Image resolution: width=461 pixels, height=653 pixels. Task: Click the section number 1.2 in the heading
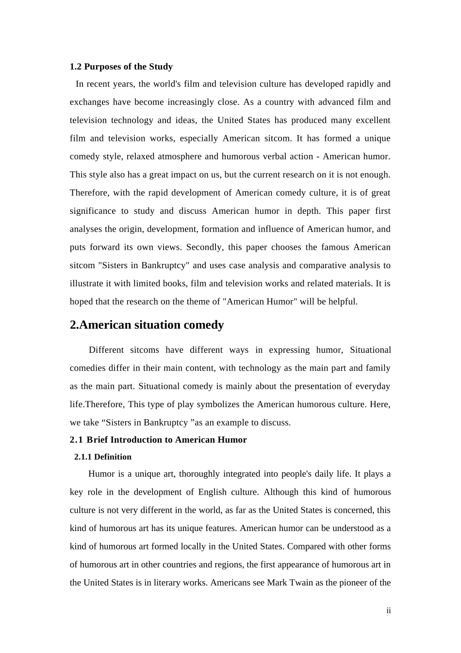pyautogui.click(x=76, y=67)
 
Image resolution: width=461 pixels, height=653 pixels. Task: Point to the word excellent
pyautogui.click(x=373, y=120)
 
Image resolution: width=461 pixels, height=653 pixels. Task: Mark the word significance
pyautogui.click(x=93, y=211)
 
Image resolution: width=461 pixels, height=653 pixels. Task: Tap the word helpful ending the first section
pyautogui.click(x=343, y=302)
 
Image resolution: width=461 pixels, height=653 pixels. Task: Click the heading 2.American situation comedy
pyautogui.click(x=147, y=325)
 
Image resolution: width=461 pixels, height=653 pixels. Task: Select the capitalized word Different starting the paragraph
pyautogui.click(x=107, y=350)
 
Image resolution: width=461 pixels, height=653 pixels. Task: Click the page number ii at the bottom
pyautogui.click(x=389, y=611)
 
